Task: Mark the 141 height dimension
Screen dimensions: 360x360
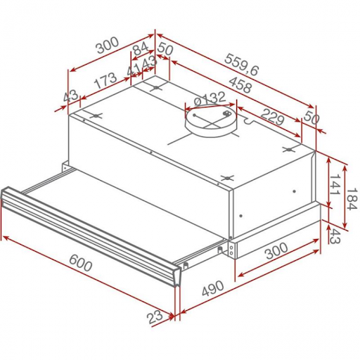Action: [339, 184]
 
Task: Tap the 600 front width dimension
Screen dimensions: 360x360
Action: [82, 265]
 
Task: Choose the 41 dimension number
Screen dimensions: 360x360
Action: [134, 68]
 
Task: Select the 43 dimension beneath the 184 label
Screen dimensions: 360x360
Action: [339, 237]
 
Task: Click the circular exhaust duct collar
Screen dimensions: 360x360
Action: [210, 124]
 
